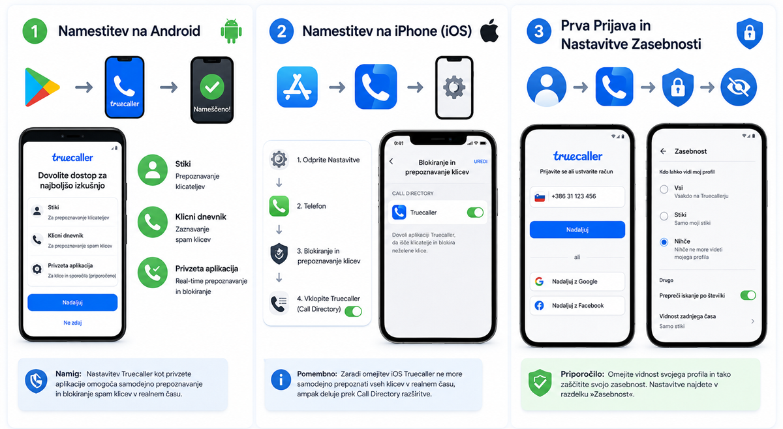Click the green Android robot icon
tap(231, 31)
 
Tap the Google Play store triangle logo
tap(41, 87)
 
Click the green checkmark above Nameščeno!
tap(212, 87)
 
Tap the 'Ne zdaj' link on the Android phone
tap(72, 323)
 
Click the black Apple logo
tap(489, 31)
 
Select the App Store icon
tap(297, 87)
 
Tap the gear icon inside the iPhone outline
tap(453, 87)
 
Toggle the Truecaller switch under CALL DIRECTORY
tap(475, 213)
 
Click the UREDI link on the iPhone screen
tap(481, 162)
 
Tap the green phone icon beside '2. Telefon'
tap(279, 206)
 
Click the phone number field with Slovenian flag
tap(577, 197)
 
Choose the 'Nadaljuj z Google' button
tap(577, 282)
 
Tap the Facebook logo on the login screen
tap(540, 306)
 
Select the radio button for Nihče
tap(664, 242)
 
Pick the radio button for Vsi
tap(664, 189)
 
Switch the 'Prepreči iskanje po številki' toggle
tap(748, 295)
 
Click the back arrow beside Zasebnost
tap(663, 151)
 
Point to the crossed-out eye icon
tap(738, 87)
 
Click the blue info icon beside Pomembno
tap(281, 379)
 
